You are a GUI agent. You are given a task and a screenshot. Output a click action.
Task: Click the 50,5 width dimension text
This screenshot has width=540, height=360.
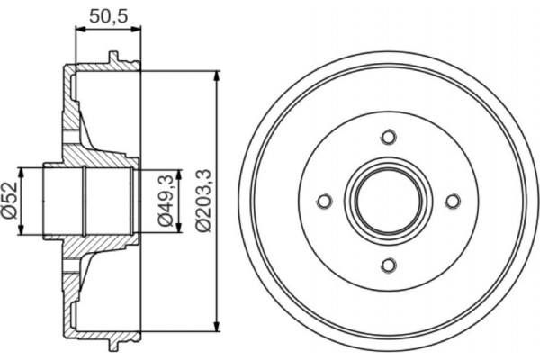107,14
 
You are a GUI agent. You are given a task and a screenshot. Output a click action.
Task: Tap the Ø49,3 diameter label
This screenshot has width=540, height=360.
166,200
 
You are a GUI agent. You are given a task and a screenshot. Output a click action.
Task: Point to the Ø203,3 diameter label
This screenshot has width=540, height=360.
203,200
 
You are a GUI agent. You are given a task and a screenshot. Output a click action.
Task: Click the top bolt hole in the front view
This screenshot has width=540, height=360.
389,137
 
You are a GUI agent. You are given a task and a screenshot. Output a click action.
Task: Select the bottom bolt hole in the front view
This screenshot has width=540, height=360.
389,265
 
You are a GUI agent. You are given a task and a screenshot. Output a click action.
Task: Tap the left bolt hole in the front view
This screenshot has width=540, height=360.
325,201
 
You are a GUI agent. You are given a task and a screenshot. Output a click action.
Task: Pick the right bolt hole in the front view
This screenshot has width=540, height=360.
453,201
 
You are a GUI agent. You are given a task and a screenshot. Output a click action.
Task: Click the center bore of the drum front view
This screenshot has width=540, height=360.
389,201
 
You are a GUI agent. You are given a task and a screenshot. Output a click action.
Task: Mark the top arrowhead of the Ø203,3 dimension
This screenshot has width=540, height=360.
217,76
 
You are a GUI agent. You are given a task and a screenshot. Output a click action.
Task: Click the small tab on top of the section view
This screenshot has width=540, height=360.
112,58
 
